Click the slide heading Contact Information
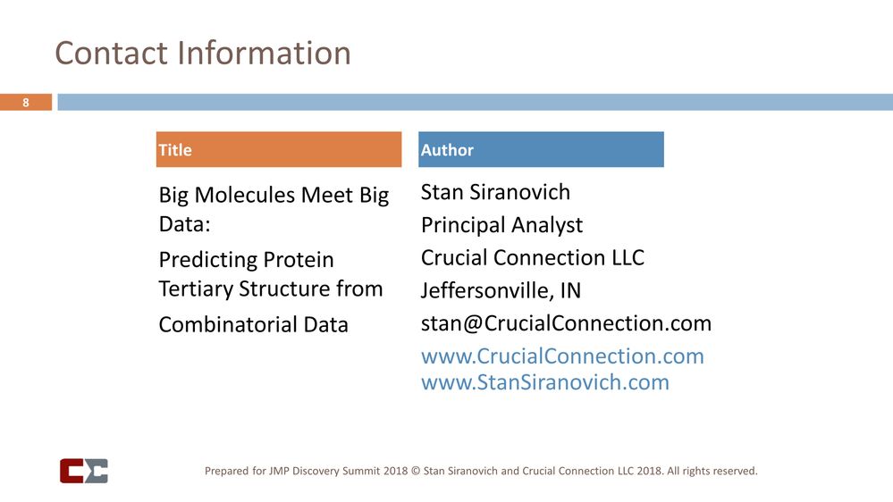click(203, 53)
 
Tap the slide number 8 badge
click(26, 103)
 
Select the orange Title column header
click(279, 150)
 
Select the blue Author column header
click(541, 150)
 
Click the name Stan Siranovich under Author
click(495, 192)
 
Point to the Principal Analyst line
click(501, 225)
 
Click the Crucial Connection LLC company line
click(532, 258)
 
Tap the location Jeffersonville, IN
click(501, 291)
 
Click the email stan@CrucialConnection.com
click(566, 323)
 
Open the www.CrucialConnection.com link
click(562, 356)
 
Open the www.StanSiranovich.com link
click(544, 382)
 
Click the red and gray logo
click(84, 471)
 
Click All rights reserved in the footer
click(712, 471)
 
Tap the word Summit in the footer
click(372, 471)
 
